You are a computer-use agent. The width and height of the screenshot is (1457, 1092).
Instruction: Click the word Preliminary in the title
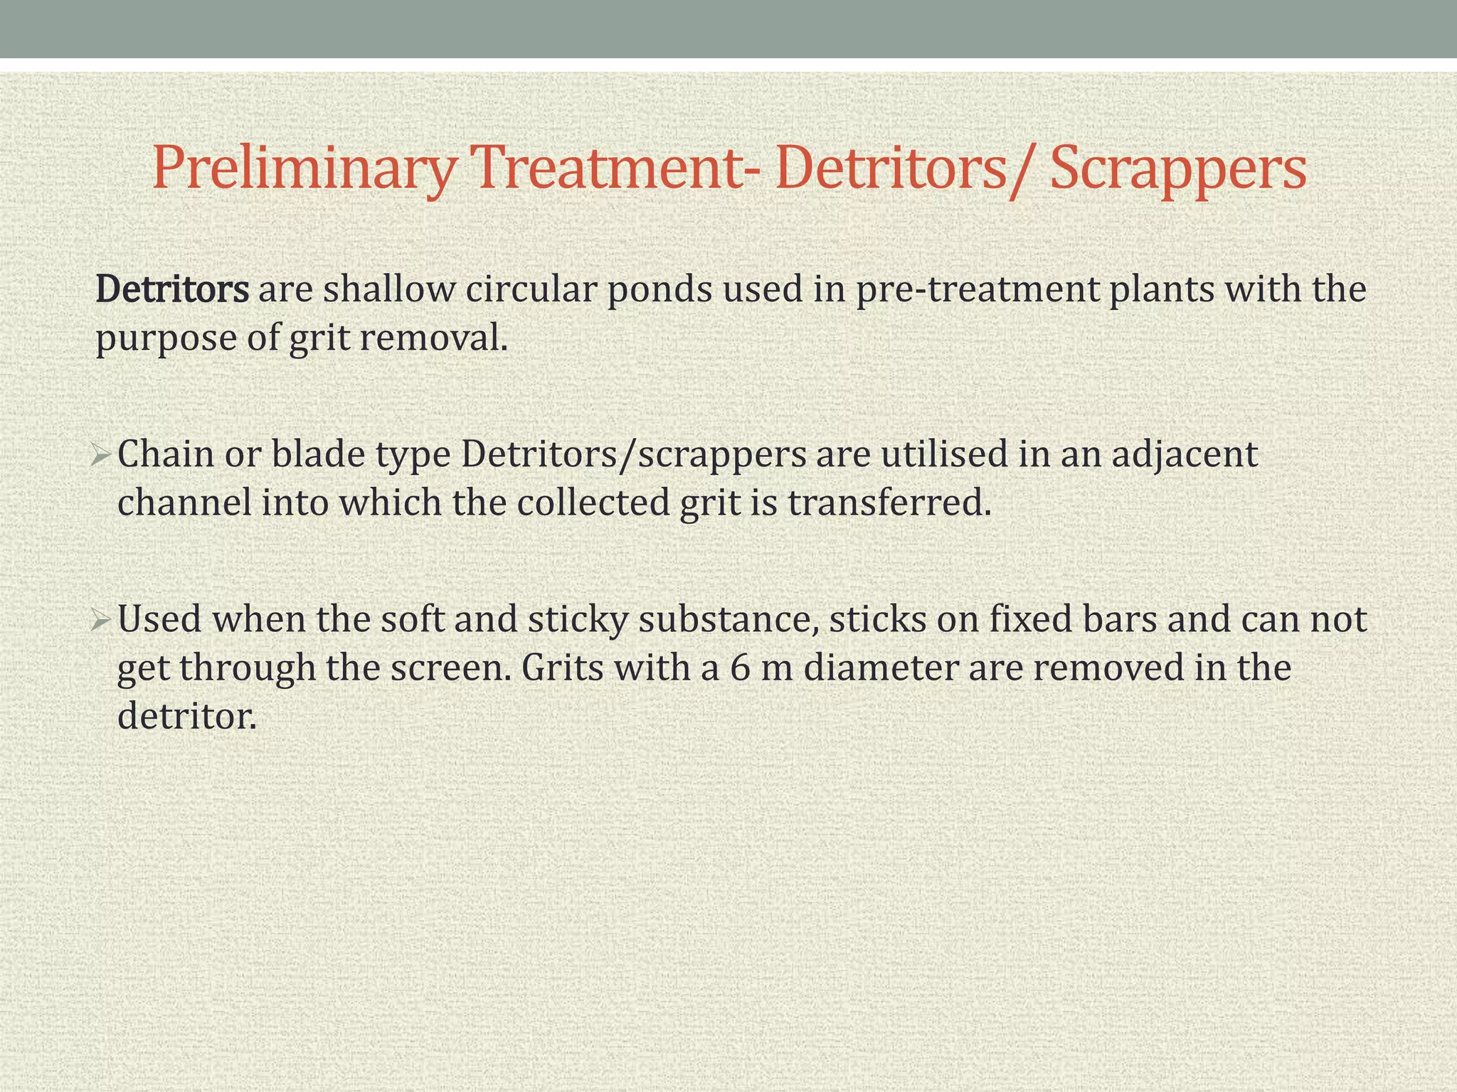(x=303, y=168)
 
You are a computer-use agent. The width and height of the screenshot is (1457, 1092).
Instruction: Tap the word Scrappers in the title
(x=1178, y=168)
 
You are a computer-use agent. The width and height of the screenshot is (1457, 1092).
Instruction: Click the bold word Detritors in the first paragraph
(x=172, y=289)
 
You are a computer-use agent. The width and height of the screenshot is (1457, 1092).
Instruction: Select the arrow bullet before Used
(x=100, y=619)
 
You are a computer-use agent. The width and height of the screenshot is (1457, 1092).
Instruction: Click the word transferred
(x=889, y=503)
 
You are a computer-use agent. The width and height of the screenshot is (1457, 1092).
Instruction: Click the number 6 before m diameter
(x=739, y=668)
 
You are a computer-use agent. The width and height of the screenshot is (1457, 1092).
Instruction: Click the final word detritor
(x=186, y=716)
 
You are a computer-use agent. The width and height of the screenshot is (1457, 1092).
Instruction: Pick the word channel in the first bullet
(x=184, y=503)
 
